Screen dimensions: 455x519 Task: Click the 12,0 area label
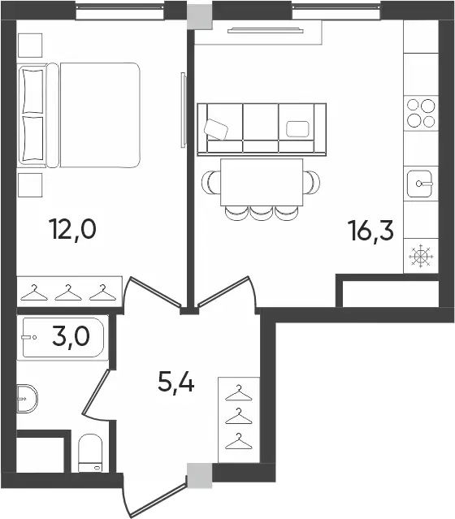pyautogui.click(x=72, y=230)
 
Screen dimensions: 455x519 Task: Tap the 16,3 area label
pyautogui.click(x=370, y=231)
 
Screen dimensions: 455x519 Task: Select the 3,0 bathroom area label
pyautogui.click(x=71, y=336)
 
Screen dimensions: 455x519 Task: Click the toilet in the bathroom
pyautogui.click(x=90, y=452)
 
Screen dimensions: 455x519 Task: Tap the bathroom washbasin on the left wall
pyautogui.click(x=27, y=399)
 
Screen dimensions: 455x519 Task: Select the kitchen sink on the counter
pyautogui.click(x=420, y=184)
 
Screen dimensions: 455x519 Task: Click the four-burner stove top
pyautogui.click(x=421, y=113)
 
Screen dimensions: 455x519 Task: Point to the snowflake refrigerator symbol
pyautogui.click(x=420, y=256)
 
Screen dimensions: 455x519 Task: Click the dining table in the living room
pyautogui.click(x=262, y=182)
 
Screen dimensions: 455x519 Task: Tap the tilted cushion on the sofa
pyautogui.click(x=216, y=129)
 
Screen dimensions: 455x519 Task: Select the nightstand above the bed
pyautogui.click(x=30, y=45)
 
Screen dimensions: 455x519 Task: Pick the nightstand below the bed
pyautogui.click(x=30, y=185)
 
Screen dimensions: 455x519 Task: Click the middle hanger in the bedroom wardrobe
pyautogui.click(x=68, y=292)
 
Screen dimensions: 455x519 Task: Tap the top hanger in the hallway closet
pyautogui.click(x=238, y=393)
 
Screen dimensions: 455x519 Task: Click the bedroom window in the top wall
pyautogui.click(x=120, y=12)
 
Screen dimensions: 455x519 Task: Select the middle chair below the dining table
pyautogui.click(x=262, y=213)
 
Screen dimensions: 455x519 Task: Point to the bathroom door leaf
pyautogui.click(x=95, y=392)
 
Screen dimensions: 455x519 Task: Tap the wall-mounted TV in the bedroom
pyautogui.click(x=183, y=110)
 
